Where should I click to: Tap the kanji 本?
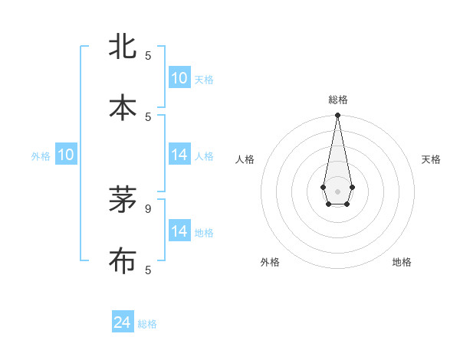[123, 107]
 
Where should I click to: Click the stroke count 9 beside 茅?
[148, 208]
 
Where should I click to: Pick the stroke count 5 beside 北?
[148, 56]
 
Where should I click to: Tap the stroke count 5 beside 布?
[148, 270]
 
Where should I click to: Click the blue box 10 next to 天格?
[179, 78]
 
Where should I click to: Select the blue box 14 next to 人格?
[179, 155]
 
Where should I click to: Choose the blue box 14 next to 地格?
[179, 231]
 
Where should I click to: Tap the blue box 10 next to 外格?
[66, 155]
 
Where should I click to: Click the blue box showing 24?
[123, 322]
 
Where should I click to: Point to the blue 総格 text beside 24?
[147, 324]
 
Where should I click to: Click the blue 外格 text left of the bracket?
[41, 156]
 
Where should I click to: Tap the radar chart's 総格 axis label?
[338, 100]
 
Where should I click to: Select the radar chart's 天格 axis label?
[432, 159]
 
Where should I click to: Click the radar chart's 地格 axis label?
[402, 262]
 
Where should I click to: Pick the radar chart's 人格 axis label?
[245, 159]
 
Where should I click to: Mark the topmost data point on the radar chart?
[337, 116]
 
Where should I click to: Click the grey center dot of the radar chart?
[337, 191]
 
